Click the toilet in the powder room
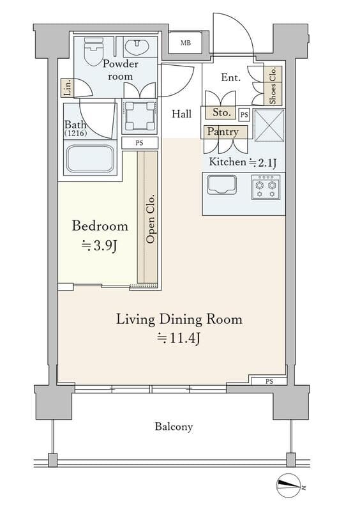94,50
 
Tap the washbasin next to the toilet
137,47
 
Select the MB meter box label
186,43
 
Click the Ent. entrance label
230,77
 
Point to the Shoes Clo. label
273,86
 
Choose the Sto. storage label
221,112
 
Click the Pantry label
223,132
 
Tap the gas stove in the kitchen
266,187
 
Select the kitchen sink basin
222,185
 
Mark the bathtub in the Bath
90,158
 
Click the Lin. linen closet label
68,88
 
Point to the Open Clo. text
151,219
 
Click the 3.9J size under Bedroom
99,246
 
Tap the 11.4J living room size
178,338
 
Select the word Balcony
174,427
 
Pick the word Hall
182,114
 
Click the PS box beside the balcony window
269,381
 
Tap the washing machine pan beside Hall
140,116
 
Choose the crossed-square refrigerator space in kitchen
269,125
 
